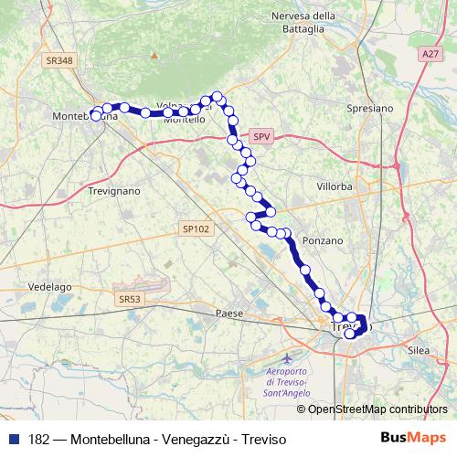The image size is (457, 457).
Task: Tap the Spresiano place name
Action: [371, 107]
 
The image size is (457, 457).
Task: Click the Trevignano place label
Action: [114, 191]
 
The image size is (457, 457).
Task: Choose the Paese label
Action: [229, 313]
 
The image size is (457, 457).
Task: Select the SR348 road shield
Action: [58, 60]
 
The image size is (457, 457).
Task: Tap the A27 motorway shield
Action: [430, 55]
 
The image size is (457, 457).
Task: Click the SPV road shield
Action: [262, 137]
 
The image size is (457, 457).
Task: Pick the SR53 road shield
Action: [131, 298]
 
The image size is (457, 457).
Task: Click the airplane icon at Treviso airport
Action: [290, 356]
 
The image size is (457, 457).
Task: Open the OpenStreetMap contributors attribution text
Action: [377, 409]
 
